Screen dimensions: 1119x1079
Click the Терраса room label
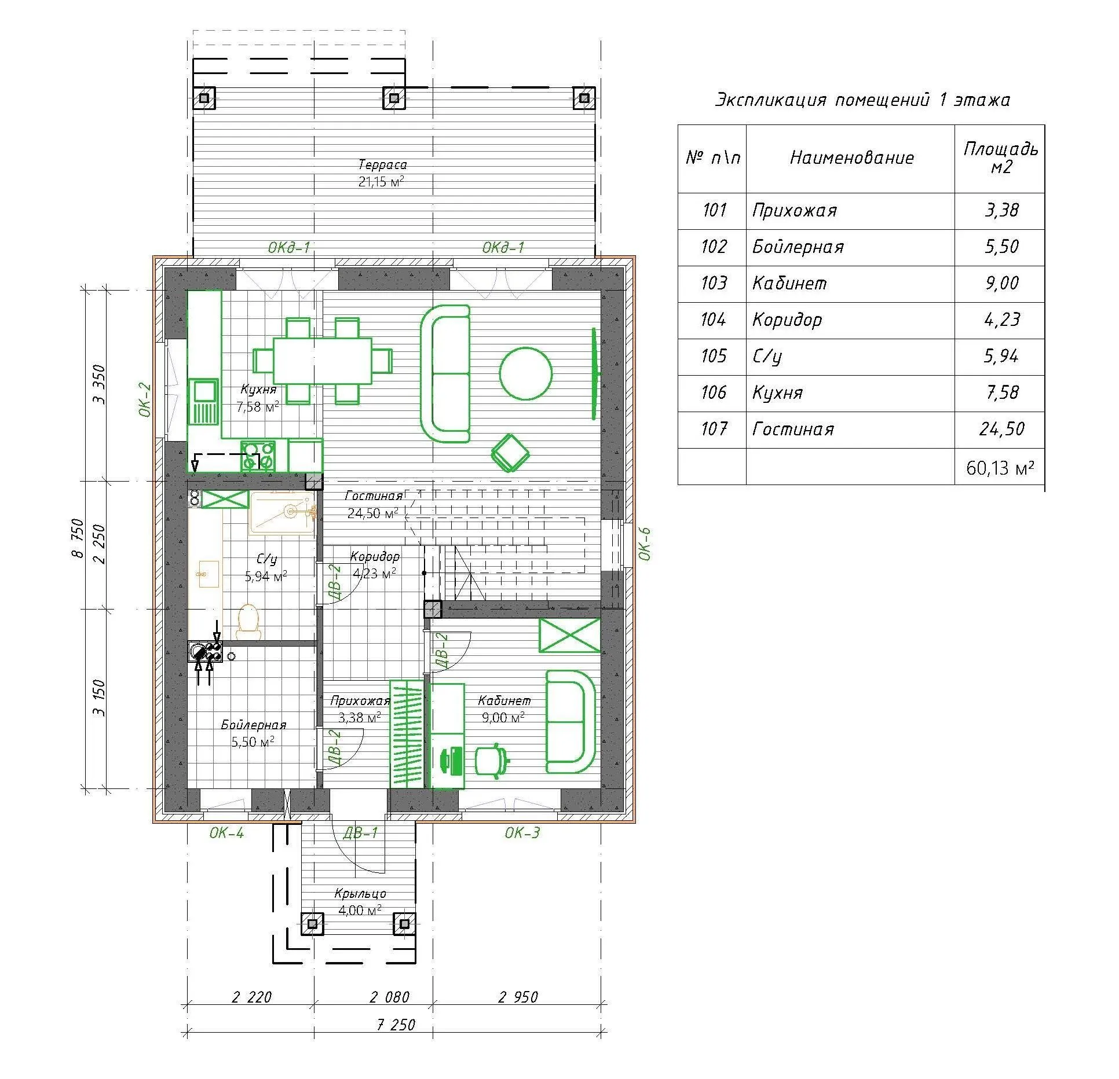[382, 165]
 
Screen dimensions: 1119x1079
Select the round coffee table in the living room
[525, 373]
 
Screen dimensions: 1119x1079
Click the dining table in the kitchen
[322, 361]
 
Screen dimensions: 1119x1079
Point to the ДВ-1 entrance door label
[360, 833]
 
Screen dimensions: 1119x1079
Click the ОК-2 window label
[145, 399]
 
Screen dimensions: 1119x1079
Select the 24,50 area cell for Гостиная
[1001, 429]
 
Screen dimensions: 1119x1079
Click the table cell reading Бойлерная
[798, 247]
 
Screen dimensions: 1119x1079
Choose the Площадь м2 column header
[1000, 158]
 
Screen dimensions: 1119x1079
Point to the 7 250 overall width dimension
[396, 1025]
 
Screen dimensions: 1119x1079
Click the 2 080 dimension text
[389, 997]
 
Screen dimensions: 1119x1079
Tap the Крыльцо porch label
[360, 894]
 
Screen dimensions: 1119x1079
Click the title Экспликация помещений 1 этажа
[862, 100]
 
